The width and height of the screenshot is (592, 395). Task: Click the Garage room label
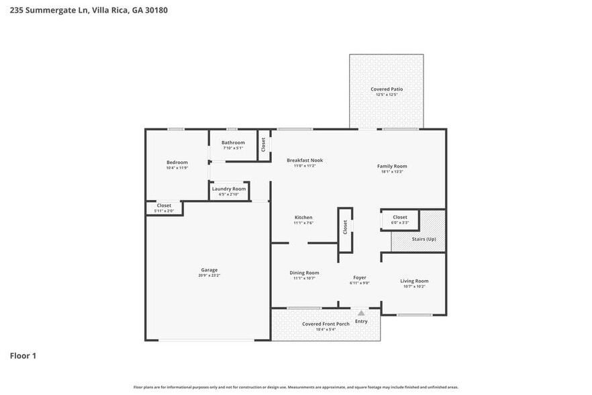coord(209,270)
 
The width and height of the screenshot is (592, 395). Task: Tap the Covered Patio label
coord(387,89)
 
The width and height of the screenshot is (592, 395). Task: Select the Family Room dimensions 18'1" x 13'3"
coord(392,172)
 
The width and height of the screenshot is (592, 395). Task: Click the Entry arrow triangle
coord(361,312)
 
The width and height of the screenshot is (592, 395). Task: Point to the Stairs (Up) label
coord(424,239)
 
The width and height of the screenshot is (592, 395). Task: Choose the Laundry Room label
coord(229,189)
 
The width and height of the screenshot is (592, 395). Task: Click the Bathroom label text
coord(233,142)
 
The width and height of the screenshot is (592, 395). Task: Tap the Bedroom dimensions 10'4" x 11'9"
coord(177,168)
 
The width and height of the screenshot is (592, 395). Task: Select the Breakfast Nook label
coord(305,160)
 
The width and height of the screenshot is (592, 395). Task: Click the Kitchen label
coord(303,217)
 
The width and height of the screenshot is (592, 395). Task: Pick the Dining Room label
coord(304,273)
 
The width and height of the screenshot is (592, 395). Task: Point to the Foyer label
coord(360,277)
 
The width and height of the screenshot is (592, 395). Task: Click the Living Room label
coord(414,281)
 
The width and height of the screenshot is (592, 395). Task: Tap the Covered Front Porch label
coord(326,324)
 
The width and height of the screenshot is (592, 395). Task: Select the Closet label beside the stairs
coord(400,217)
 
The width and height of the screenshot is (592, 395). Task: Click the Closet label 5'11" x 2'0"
coord(164,206)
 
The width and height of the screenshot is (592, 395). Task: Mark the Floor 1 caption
coord(23,355)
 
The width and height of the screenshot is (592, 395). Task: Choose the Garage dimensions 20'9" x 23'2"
coord(209,276)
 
